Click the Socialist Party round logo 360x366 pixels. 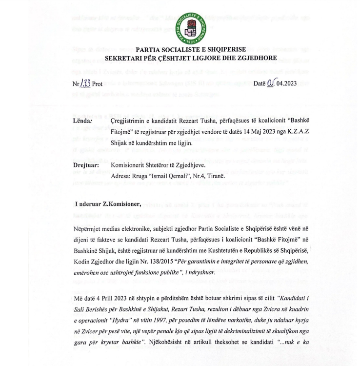pyautogui.click(x=191, y=27)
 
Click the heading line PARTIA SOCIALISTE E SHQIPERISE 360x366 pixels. pyautogui.click(x=190, y=50)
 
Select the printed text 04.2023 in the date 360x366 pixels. pyautogui.click(x=286, y=83)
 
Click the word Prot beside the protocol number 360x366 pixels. pyautogui.click(x=97, y=83)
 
